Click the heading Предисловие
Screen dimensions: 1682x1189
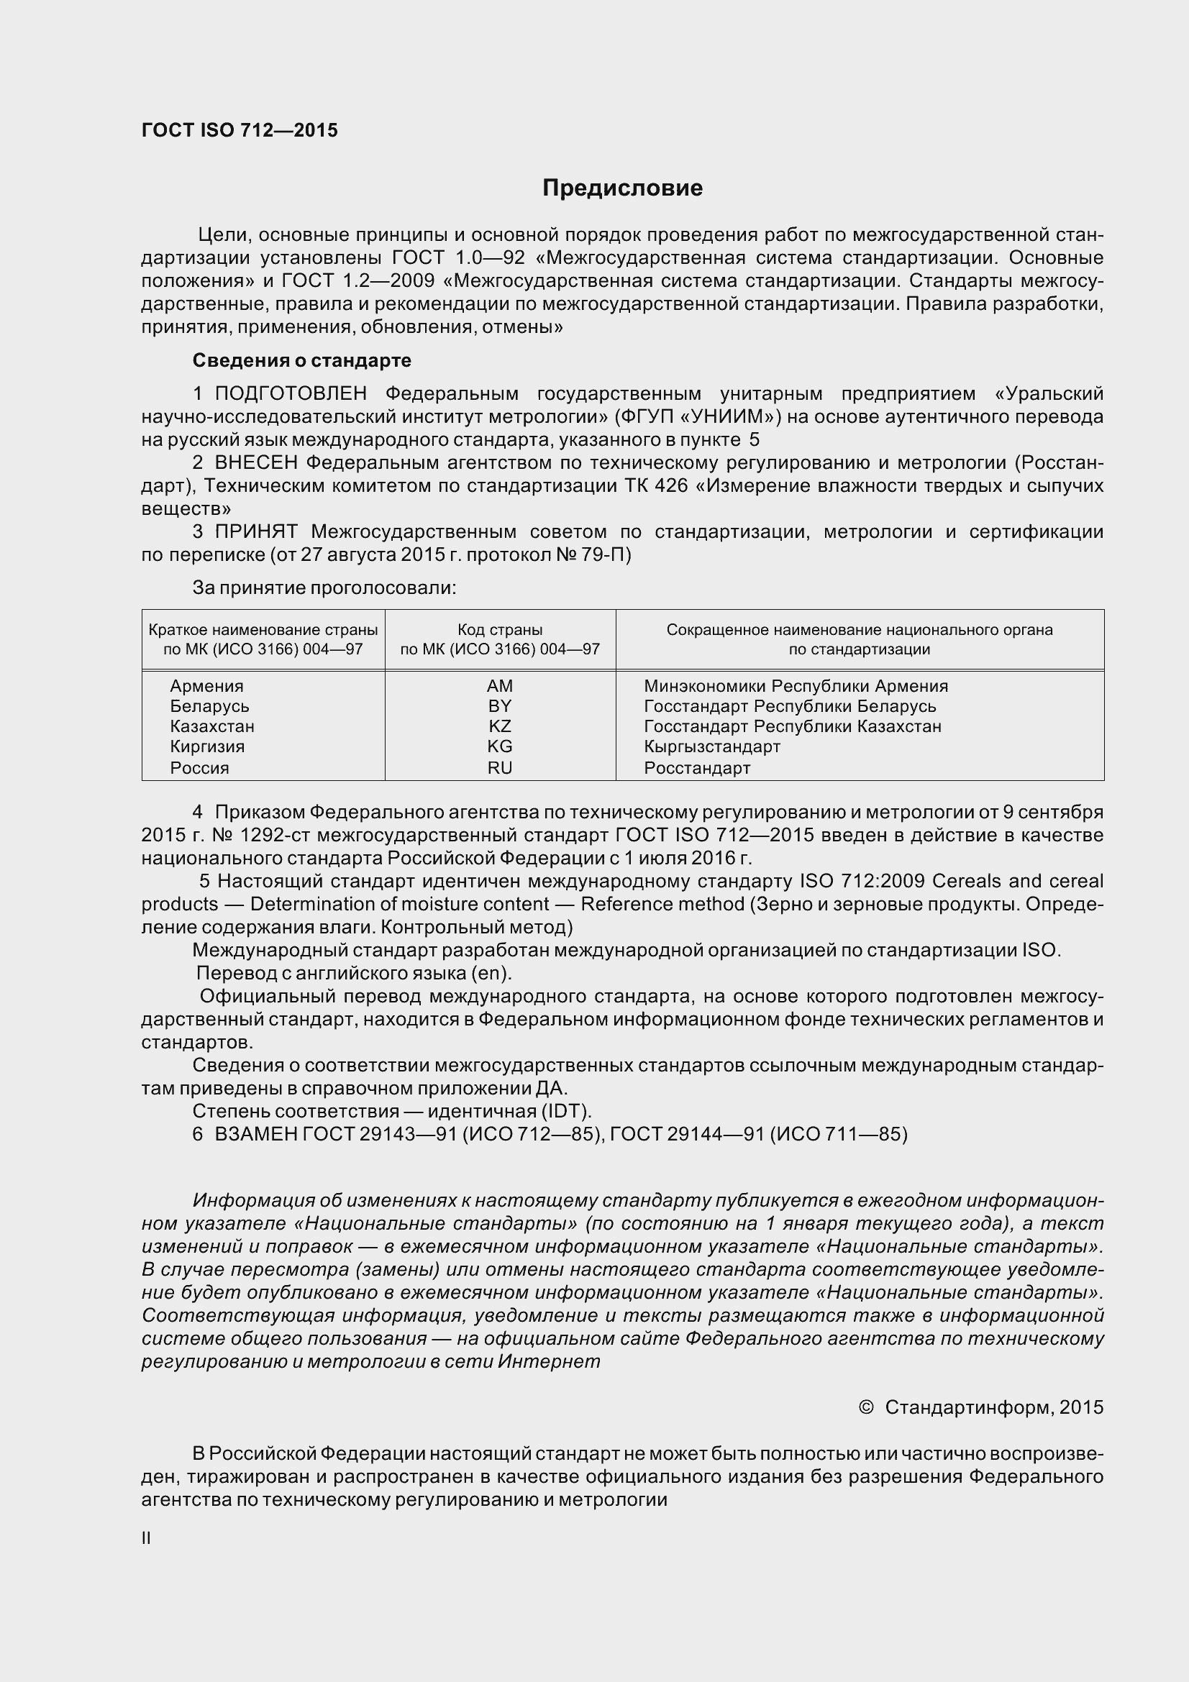click(x=622, y=188)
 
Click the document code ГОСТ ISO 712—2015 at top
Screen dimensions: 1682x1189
click(x=240, y=130)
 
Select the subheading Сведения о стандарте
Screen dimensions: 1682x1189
click(x=301, y=360)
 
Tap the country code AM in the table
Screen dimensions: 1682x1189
click(x=500, y=686)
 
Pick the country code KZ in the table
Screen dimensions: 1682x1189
click(x=500, y=726)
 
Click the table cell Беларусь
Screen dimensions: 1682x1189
click(x=209, y=706)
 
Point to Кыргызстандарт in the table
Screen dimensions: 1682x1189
click(x=711, y=746)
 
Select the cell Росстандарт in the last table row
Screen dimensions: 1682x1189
click(x=697, y=768)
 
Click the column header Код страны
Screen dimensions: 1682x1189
click(x=500, y=630)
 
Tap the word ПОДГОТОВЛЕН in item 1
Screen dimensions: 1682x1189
click(x=290, y=393)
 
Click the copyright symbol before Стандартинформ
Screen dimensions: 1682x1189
click(x=865, y=1407)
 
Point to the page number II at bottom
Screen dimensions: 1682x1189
click(x=146, y=1538)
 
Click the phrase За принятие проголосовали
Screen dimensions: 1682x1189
click(x=324, y=588)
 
